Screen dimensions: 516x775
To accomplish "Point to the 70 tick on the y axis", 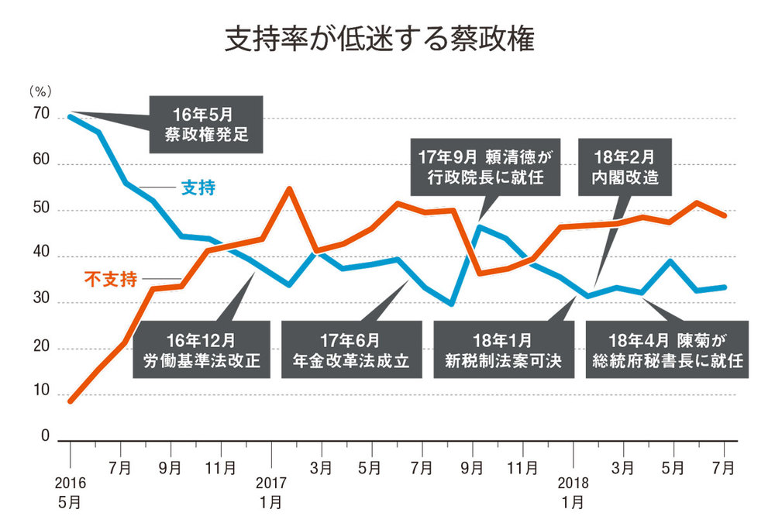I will coord(40,116).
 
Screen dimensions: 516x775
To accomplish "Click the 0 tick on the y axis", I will coord(44,437).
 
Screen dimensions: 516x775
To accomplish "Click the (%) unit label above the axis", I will coord(40,91).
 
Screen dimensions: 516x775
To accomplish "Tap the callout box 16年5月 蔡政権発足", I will coord(205,124).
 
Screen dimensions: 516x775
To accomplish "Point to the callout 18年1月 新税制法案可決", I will coord(502,350).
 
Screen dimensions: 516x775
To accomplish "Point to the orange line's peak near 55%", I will coord(288,188).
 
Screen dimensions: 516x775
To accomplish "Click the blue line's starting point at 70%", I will coord(71,116).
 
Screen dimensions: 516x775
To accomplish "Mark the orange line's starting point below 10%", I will coord(71,401).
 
